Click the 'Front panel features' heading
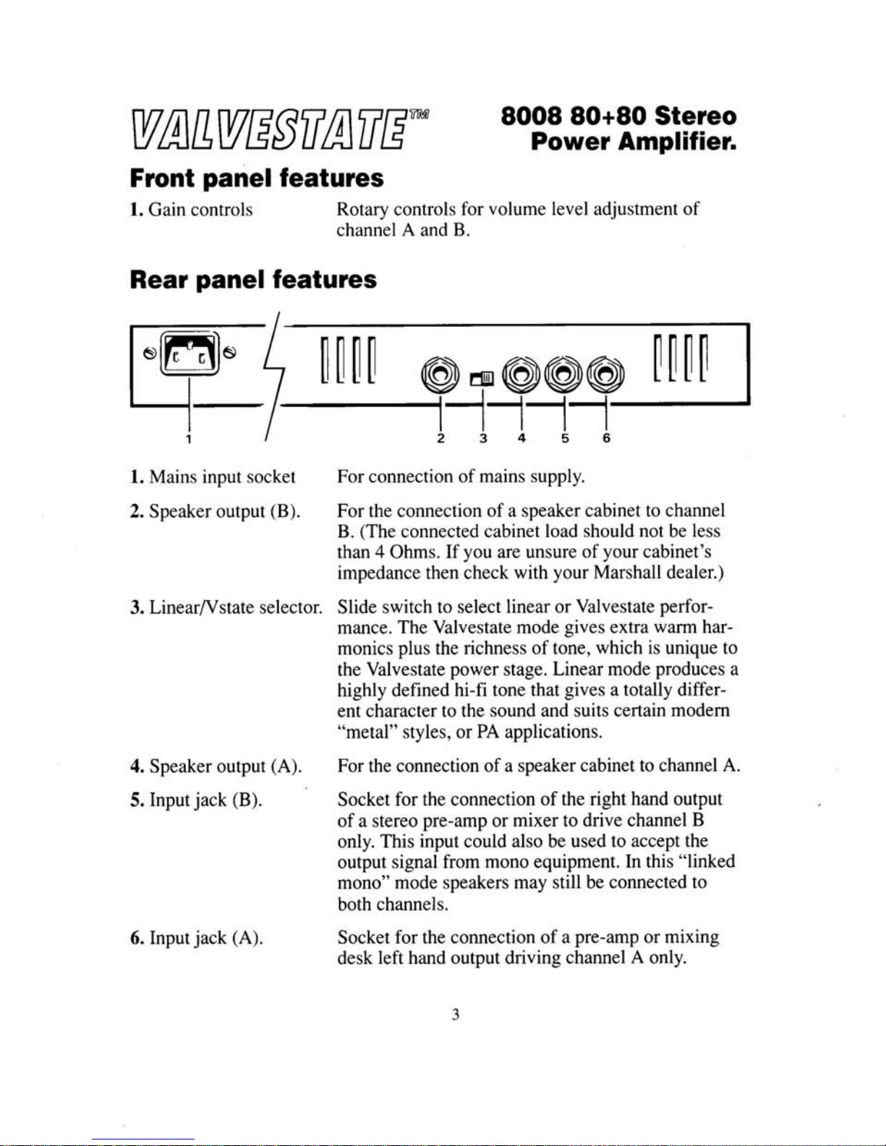(256, 177)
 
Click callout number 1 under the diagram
(188, 438)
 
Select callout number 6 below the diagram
(606, 438)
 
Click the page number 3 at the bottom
(456, 1014)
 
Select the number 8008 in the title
(530, 116)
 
